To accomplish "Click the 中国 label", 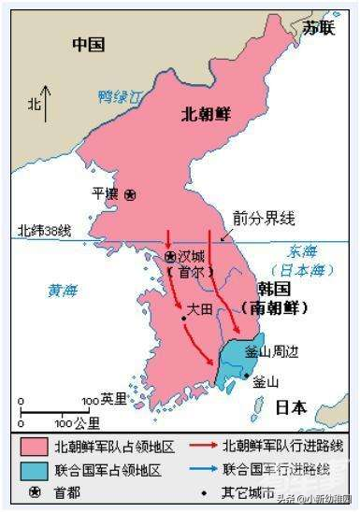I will coord(89,45).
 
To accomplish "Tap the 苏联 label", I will coord(318,27).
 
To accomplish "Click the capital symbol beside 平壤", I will coord(130,193).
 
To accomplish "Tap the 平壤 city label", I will coord(105,193).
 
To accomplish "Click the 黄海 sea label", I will coord(63,291).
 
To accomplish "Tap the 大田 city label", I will coord(200,306).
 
